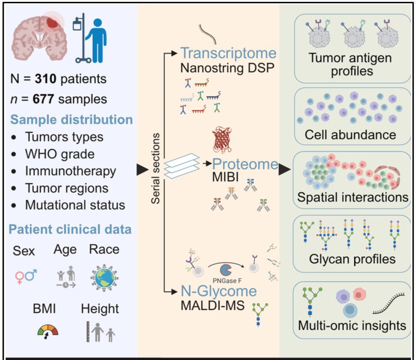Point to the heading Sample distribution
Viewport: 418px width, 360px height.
[x=71, y=120]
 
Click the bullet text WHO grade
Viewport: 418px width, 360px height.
[x=60, y=154]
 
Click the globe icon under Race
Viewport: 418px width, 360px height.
[x=104, y=276]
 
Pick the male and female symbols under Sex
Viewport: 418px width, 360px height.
[x=26, y=276]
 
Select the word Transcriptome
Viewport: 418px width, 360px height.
[x=228, y=53]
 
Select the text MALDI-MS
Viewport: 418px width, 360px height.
[x=212, y=305]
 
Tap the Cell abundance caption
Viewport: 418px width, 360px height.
[x=350, y=135]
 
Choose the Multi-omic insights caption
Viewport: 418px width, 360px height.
[x=352, y=326]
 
